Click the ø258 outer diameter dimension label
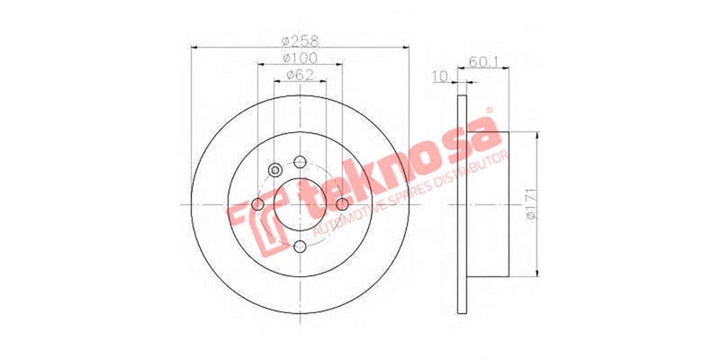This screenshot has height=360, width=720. [300, 40]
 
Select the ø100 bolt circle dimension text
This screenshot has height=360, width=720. [300, 58]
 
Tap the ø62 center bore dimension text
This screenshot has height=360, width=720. [300, 76]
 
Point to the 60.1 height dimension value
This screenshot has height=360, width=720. [484, 62]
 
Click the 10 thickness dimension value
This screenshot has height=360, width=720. [440, 76]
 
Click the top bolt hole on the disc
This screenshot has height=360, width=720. [300, 163]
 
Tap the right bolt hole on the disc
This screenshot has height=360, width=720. [342, 205]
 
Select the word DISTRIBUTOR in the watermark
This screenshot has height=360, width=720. [471, 170]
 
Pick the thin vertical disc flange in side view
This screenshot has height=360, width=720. [463, 205]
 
